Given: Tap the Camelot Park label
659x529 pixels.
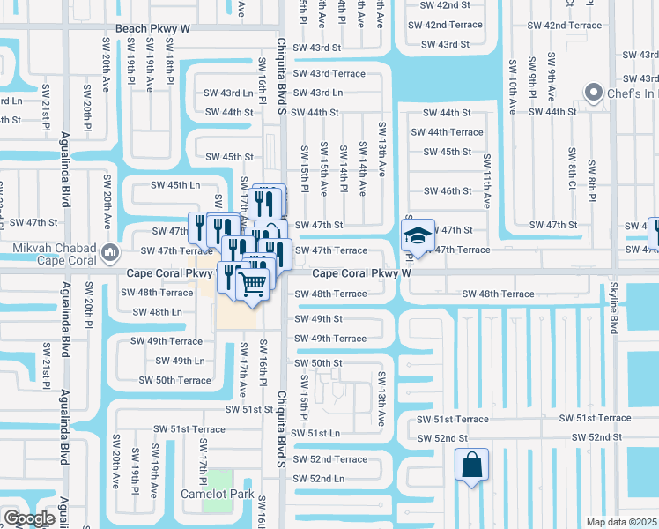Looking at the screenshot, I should [x=218, y=494].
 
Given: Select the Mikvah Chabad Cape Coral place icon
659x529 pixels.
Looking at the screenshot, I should [x=110, y=254].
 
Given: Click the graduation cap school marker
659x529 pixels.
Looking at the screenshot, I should [x=418, y=235].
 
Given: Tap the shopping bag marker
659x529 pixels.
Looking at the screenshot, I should [x=471, y=464].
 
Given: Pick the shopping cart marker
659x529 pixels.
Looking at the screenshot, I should [x=253, y=285].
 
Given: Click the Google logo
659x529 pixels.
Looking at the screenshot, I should [x=29, y=518].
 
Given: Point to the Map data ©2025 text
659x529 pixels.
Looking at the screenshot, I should [x=622, y=522].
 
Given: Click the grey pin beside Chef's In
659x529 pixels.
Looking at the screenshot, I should [x=594, y=93].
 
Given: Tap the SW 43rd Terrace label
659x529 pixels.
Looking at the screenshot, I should [x=329, y=73].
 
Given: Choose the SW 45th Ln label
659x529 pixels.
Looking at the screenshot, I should [x=176, y=185].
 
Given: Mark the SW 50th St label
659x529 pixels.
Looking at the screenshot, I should [x=318, y=363].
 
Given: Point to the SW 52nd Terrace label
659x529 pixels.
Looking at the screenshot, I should [x=329, y=459].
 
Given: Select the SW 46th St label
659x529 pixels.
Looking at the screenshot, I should [x=448, y=190].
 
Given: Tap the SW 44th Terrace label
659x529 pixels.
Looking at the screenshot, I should [x=453, y=132].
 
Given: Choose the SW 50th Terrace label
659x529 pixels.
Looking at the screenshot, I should [x=174, y=381].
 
